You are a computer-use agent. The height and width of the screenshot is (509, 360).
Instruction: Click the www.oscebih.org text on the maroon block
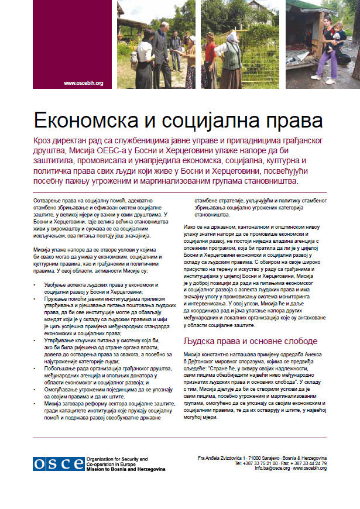click(x=83, y=83)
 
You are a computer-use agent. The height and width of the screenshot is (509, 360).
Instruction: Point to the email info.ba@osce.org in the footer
click(x=272, y=468)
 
